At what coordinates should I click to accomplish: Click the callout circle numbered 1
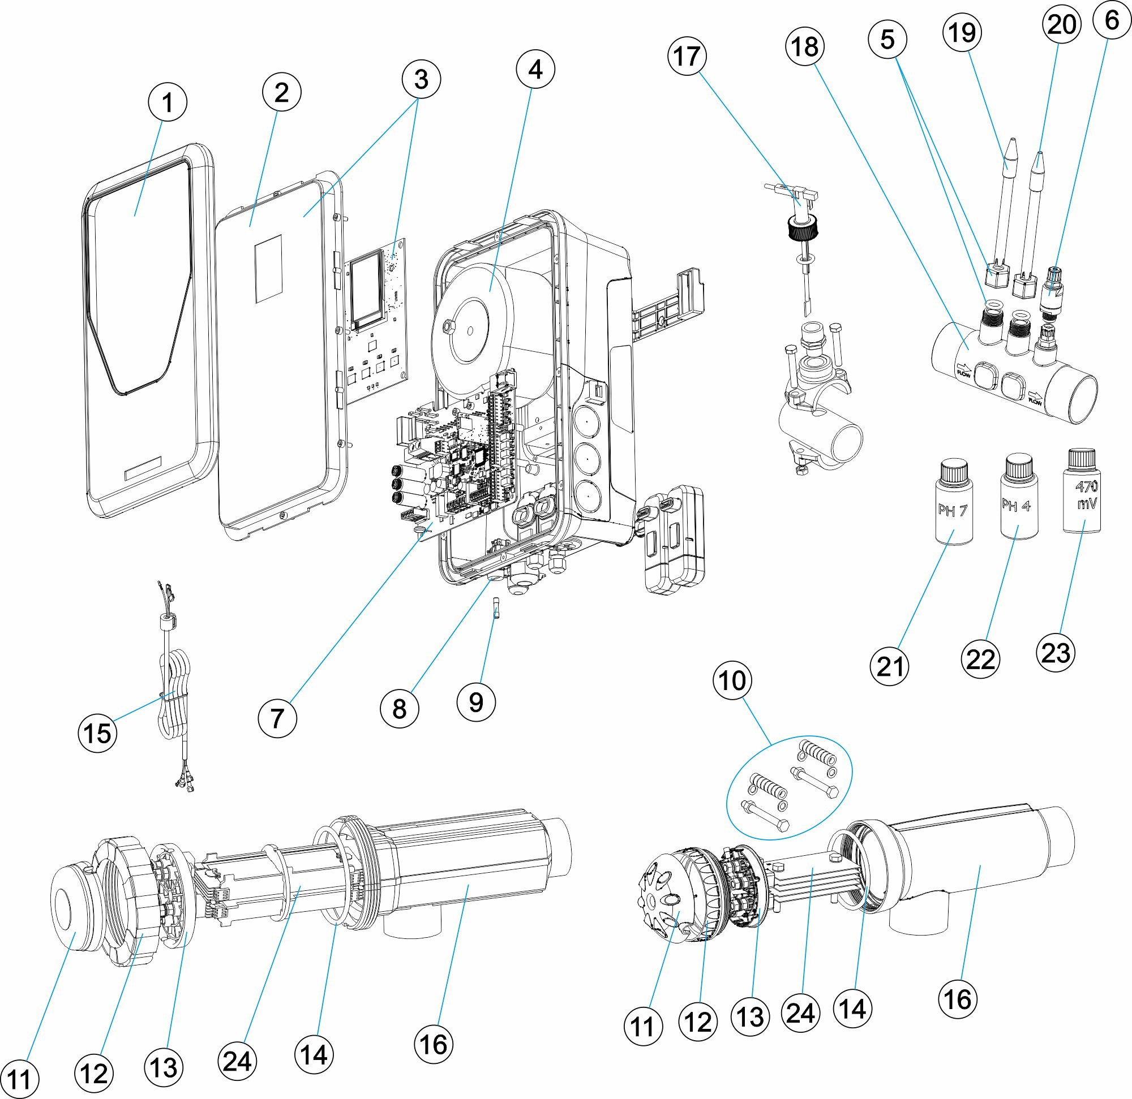coord(168,102)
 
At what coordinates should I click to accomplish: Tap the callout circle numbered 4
coord(535,69)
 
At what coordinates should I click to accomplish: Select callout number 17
coord(687,57)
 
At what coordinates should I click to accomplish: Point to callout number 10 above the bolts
coord(732,680)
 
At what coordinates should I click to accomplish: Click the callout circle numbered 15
coord(97,734)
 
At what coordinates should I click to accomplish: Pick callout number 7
coord(277,719)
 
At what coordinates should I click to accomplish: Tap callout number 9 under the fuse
coord(476,702)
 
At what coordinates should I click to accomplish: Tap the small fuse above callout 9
coord(496,609)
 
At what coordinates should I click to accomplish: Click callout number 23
coord(1056,653)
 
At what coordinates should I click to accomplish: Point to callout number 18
coord(805,46)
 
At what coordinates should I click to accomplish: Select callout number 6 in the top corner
coord(1112,21)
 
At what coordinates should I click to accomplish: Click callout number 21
coord(889,666)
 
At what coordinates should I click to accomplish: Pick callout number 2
coord(281,92)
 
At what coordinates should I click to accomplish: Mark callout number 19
coord(962,32)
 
